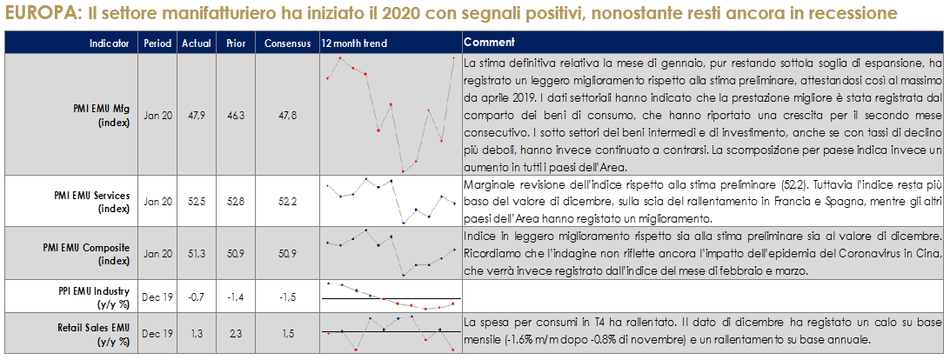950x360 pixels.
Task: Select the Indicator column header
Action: pos(109,43)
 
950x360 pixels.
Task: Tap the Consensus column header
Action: pos(288,43)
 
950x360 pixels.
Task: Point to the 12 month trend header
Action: pos(353,43)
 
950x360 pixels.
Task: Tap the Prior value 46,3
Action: pos(235,115)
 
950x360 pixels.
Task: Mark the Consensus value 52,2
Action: pos(288,202)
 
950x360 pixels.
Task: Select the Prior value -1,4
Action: pos(235,297)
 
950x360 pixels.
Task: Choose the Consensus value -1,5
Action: pos(288,297)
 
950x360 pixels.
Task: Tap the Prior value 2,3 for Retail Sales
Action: pos(235,333)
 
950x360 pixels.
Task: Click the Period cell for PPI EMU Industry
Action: pos(157,297)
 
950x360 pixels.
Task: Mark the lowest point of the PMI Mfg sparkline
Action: pos(402,170)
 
